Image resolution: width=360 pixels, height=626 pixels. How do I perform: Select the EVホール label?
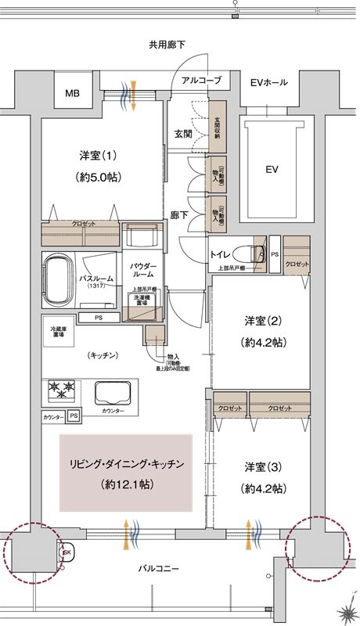tap(268, 82)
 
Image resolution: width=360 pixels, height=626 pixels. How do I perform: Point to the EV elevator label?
tap(272, 169)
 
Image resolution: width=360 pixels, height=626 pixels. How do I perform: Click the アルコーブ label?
tap(201, 81)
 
